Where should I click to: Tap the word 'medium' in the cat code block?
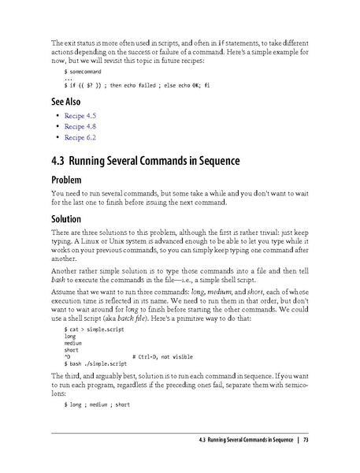coord(73,342)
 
